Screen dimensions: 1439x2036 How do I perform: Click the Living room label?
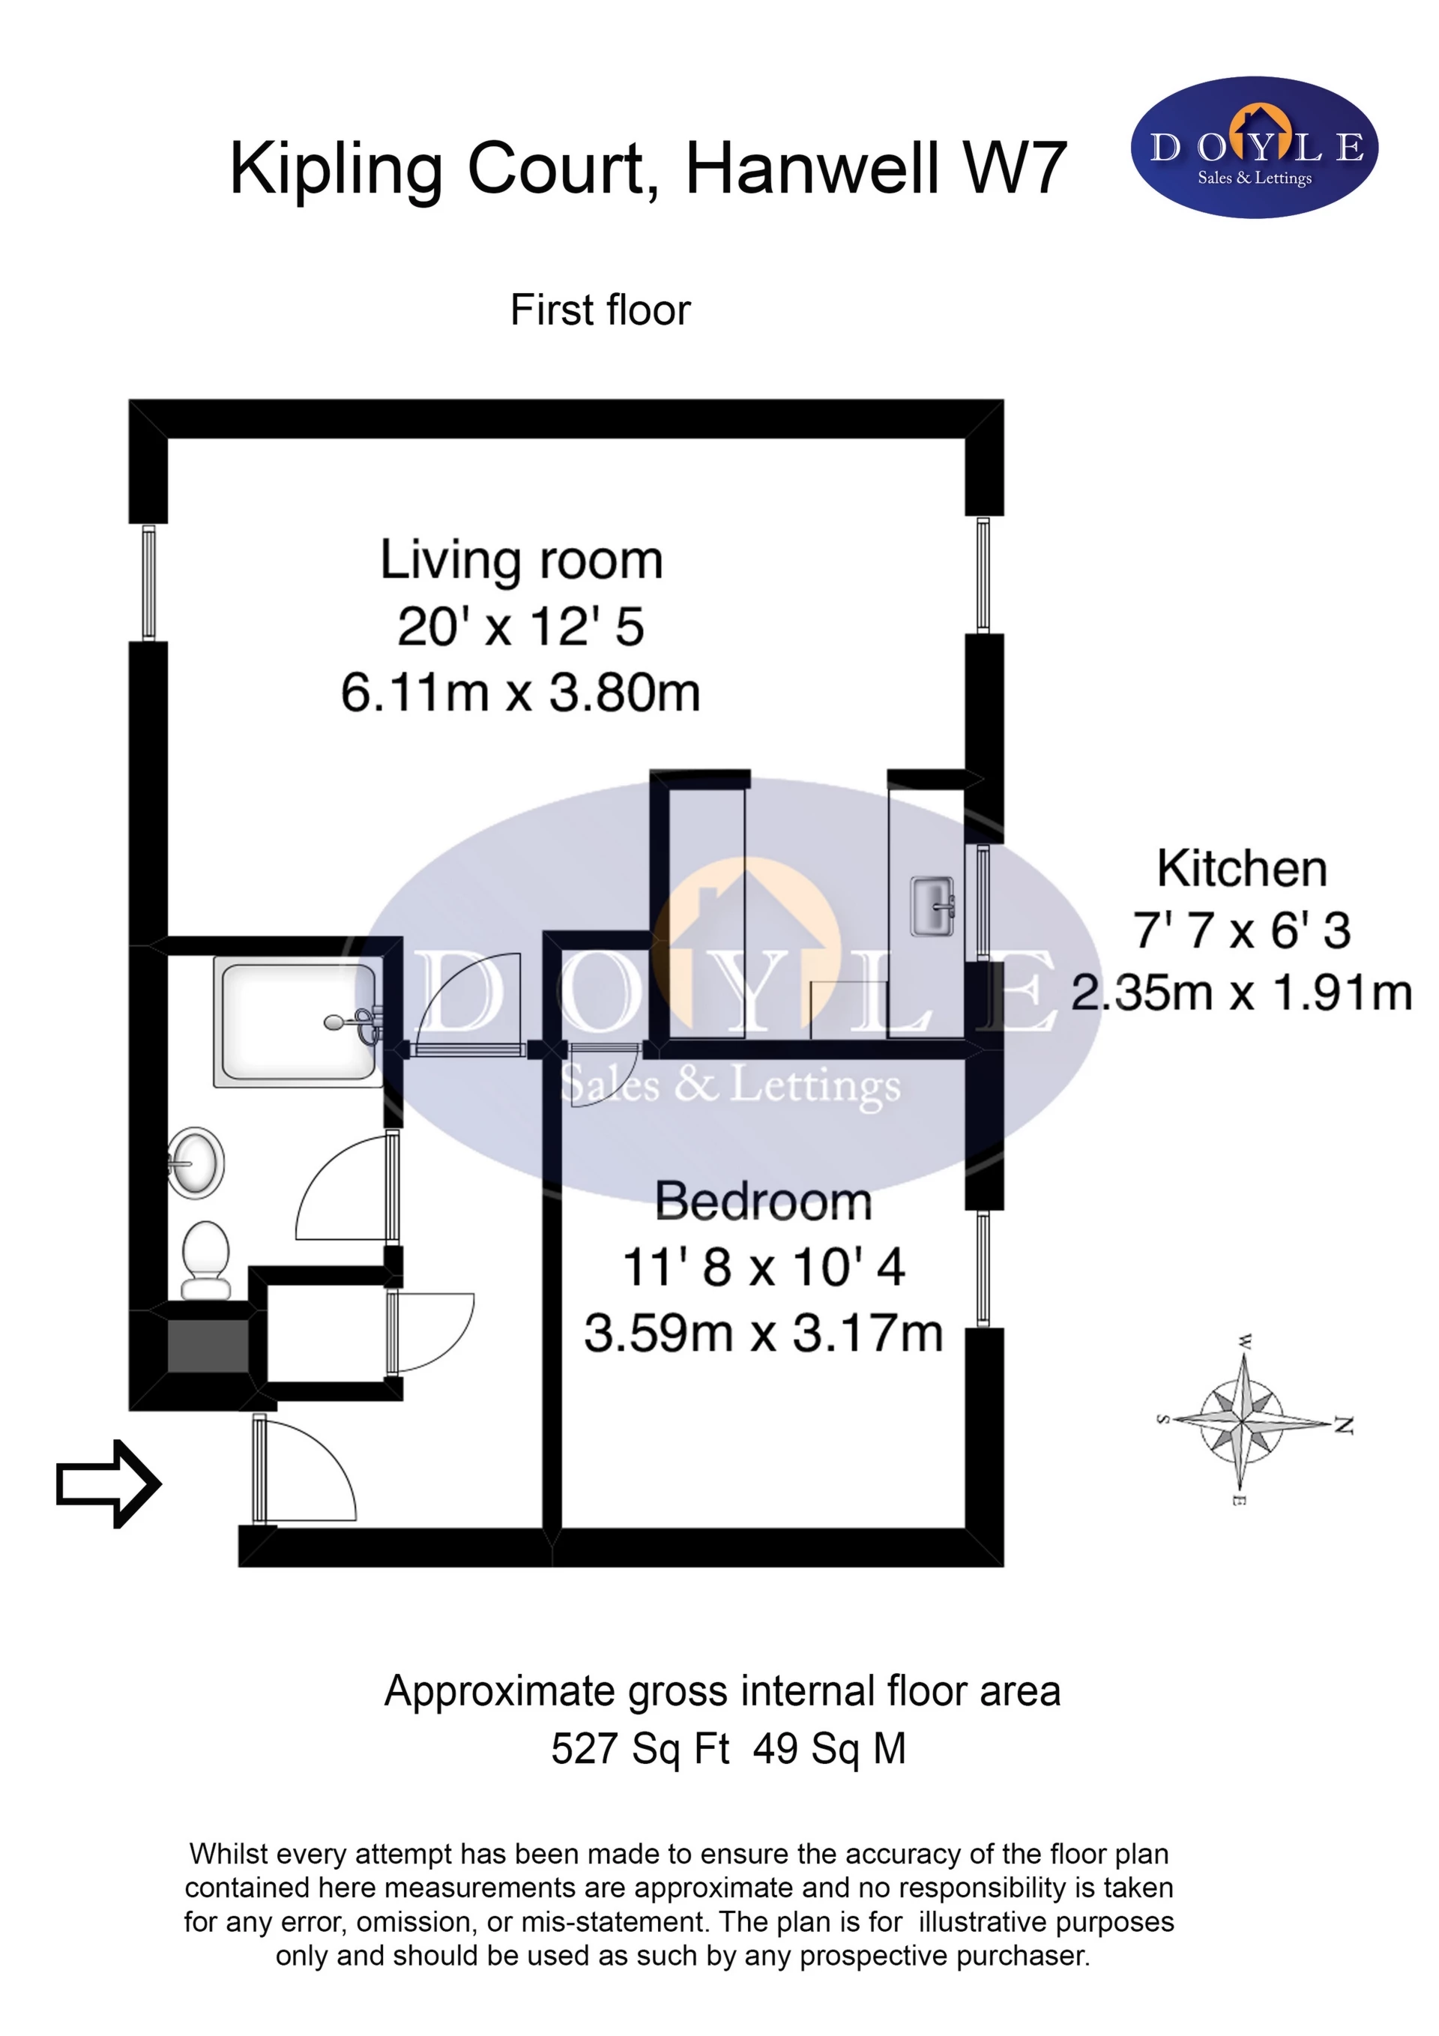coord(522,561)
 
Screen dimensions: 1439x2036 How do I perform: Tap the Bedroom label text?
coord(764,1202)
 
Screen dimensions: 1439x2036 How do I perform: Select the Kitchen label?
coord(1242,868)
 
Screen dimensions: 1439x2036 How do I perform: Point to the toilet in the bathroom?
coord(205,1260)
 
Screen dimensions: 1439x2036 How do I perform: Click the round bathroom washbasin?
coord(195,1163)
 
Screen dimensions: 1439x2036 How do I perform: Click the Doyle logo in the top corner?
coord(1255,147)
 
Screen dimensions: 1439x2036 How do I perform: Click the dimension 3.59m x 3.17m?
coord(764,1334)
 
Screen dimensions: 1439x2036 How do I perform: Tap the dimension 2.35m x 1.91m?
coord(1241,993)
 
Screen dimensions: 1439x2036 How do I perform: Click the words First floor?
coord(600,310)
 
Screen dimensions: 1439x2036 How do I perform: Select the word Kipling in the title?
coord(336,169)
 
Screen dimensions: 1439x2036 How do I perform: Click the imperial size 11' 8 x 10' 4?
coord(764,1267)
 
